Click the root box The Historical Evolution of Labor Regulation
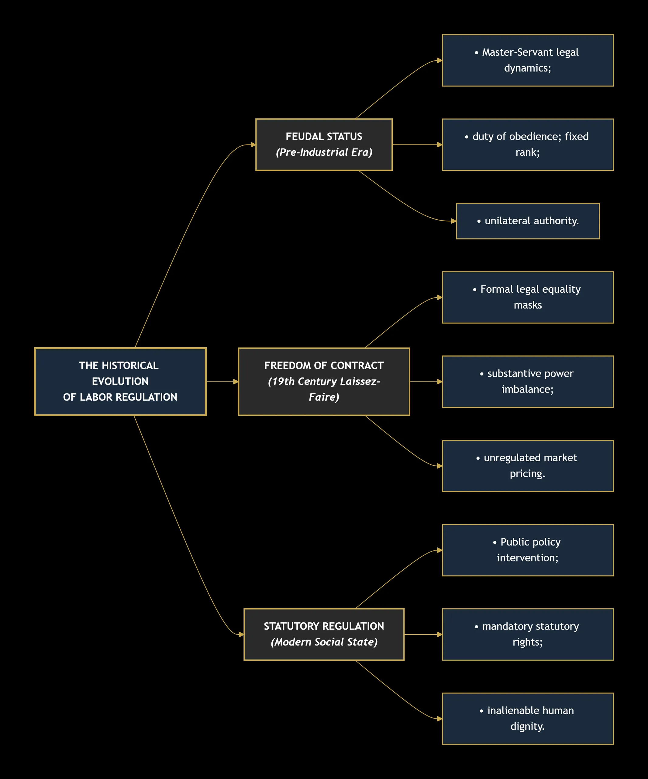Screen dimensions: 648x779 [120, 382]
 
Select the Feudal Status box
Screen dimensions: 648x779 [324, 145]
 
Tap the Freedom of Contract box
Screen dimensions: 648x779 [324, 382]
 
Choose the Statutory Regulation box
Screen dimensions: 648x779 [324, 634]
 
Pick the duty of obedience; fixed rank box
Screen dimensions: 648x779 [528, 145]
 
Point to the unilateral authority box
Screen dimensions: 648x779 [528, 221]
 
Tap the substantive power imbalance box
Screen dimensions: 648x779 [528, 382]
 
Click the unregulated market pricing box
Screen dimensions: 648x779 [528, 466]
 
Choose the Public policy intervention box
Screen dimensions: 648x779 [528, 550]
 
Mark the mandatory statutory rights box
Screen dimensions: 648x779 [528, 634]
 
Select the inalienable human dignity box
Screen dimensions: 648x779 [528, 718]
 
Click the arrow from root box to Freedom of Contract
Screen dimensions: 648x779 [222, 382]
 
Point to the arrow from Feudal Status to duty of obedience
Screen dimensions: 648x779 [417, 145]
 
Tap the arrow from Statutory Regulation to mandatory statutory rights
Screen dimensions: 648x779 [423, 634]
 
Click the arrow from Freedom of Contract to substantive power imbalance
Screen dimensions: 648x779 [426, 382]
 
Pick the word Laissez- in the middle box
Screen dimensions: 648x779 [360, 382]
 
